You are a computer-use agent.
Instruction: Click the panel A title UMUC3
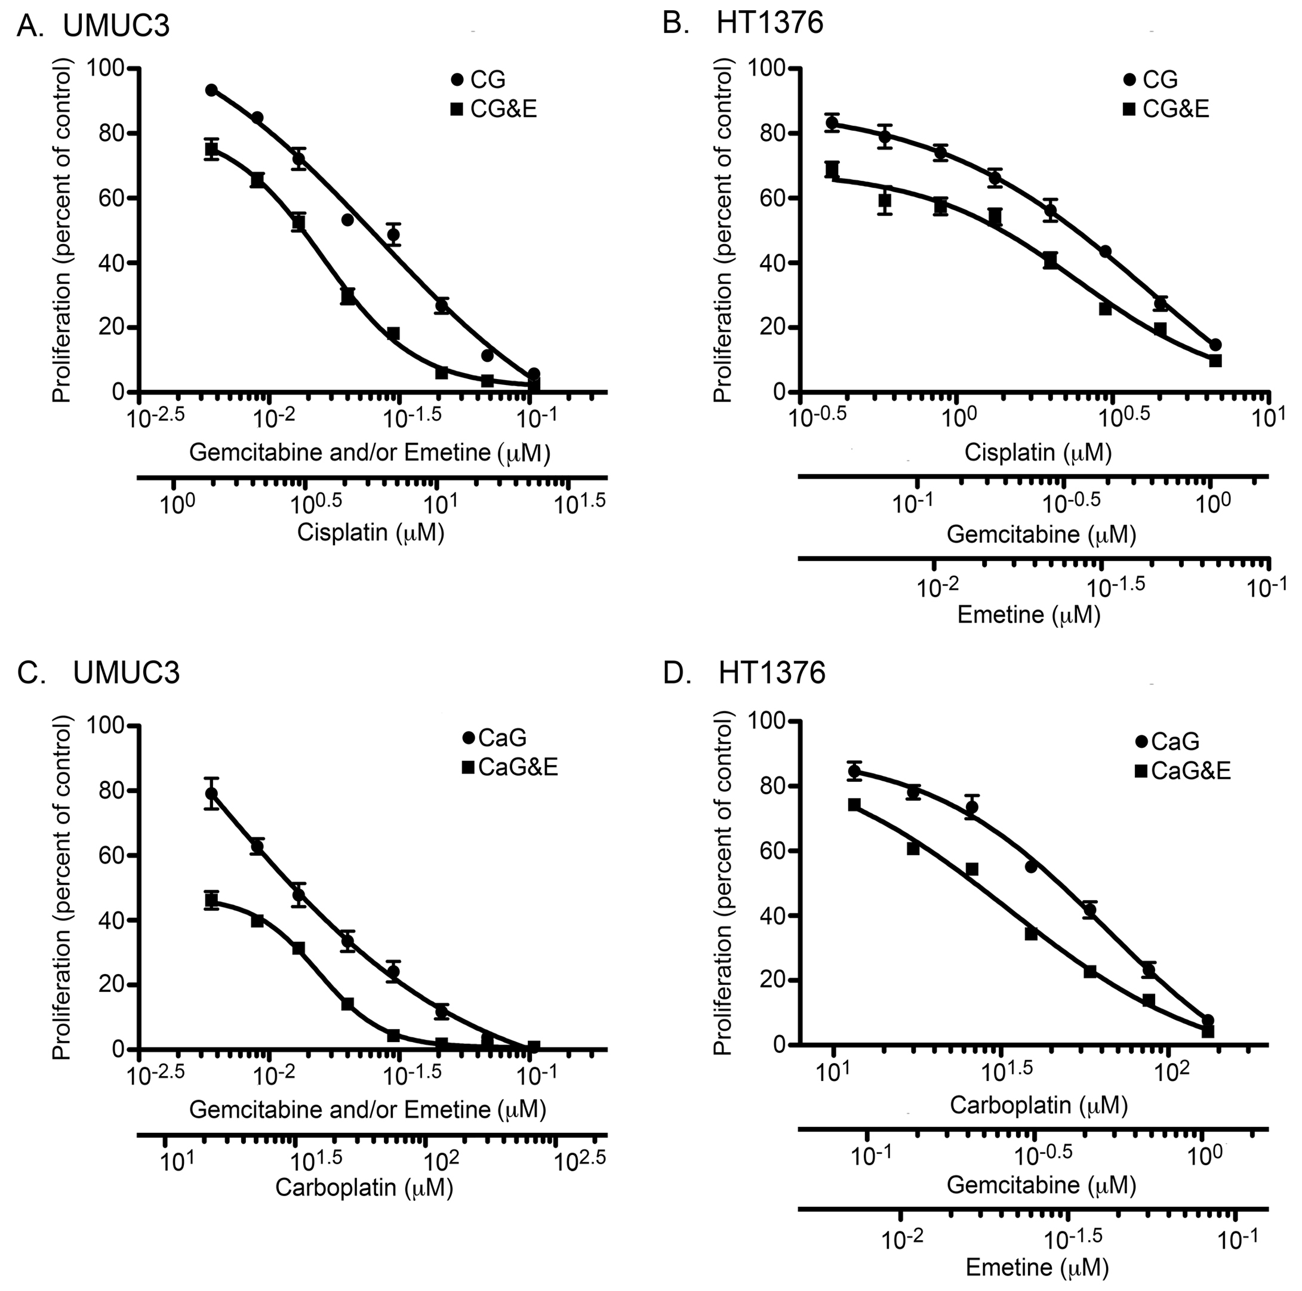point(116,26)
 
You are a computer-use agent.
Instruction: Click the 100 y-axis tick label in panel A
point(106,69)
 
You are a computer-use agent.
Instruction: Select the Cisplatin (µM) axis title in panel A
point(371,532)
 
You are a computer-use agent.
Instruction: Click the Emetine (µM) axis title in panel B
point(1029,615)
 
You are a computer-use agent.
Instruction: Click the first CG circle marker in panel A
point(211,90)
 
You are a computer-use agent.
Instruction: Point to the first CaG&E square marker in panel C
point(211,900)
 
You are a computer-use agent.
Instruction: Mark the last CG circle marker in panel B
point(1216,345)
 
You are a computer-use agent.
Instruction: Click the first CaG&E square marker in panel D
point(854,805)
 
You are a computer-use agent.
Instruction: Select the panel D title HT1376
point(772,674)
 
